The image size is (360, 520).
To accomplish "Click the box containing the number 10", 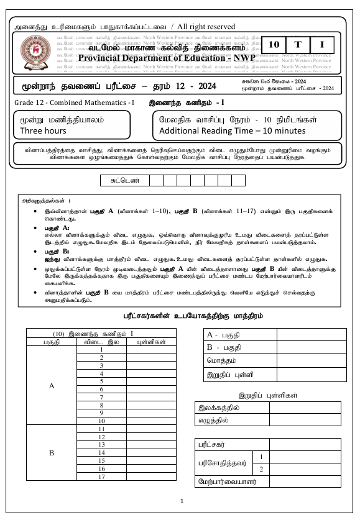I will pyautogui.click(x=274, y=44).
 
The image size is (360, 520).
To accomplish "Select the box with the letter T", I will pyautogui.click(x=298, y=44).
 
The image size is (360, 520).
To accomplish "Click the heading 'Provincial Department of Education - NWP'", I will pyautogui.click(x=163, y=58).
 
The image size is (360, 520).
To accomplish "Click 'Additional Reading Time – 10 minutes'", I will pyautogui.click(x=233, y=130).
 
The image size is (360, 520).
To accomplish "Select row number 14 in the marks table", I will pyautogui.click(x=101, y=453).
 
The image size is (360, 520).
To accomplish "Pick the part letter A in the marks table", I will pyautogui.click(x=51, y=385).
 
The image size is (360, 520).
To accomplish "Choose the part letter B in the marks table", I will pyautogui.click(x=51, y=453).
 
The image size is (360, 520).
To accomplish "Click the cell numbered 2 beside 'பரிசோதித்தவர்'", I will pyautogui.click(x=262, y=470).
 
